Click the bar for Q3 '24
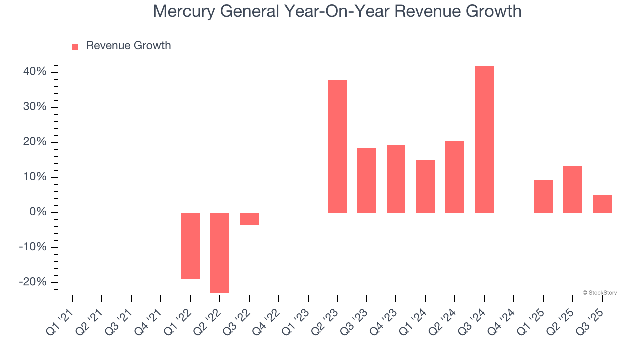484,140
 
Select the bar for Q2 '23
337,146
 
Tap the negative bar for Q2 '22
220,253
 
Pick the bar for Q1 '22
190,246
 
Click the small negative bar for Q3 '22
249,219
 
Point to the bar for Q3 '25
602,204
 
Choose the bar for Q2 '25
572,190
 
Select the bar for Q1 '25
543,196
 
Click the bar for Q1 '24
425,186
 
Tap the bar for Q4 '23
396,179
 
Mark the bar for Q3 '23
366,181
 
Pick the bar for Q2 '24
455,177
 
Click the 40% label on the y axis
35,72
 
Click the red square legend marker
75,46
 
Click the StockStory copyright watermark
599,293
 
